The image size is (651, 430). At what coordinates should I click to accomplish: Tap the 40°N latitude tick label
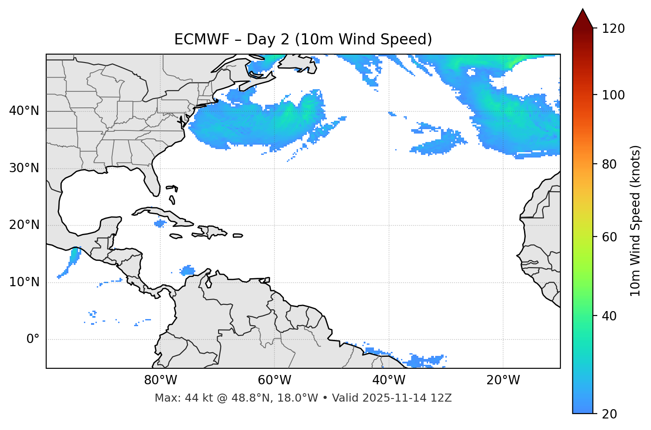click(24, 111)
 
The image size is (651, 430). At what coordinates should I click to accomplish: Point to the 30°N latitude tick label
click(24, 168)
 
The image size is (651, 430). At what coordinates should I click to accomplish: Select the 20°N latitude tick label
click(24, 225)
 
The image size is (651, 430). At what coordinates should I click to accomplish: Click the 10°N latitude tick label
click(24, 282)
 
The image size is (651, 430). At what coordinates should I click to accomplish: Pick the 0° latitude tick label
click(33, 339)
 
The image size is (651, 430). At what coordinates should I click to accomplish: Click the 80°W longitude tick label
click(160, 380)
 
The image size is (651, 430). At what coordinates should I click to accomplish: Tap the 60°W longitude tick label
click(274, 380)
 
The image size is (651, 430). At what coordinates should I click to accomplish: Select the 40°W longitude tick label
click(389, 380)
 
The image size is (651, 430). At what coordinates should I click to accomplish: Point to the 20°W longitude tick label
click(503, 380)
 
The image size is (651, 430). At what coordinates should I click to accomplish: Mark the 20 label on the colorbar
click(610, 414)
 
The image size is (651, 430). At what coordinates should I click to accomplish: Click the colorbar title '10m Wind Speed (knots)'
click(635, 221)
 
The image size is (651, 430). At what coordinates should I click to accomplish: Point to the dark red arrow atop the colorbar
click(583, 19)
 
